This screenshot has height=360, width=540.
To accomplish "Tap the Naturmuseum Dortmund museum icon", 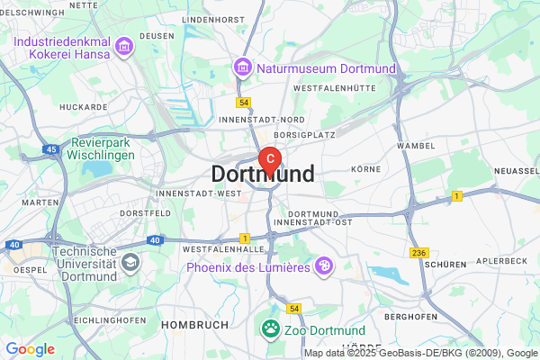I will [x=241, y=67].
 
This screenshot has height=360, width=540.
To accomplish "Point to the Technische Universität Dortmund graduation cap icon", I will [x=130, y=263].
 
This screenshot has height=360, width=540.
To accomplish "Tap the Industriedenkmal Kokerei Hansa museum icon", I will [x=123, y=45].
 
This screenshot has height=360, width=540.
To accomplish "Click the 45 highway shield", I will [x=50, y=149].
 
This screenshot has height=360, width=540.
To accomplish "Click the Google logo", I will [x=31, y=349].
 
